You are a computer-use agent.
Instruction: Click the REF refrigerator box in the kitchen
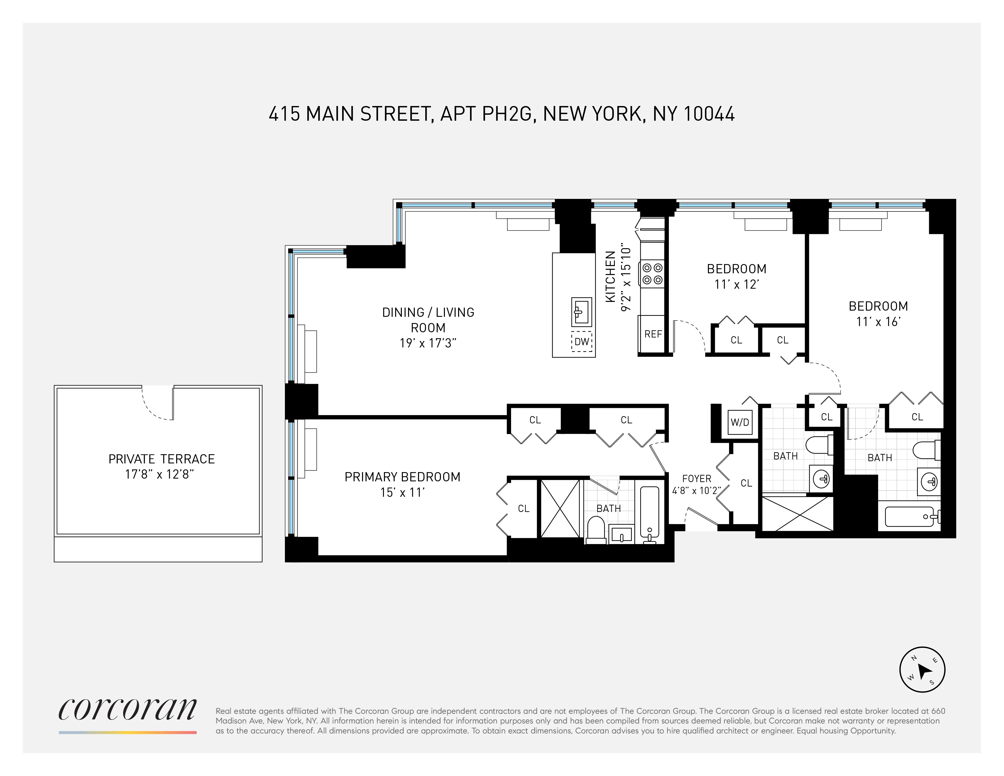(x=652, y=334)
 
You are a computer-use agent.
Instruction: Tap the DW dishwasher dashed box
(x=581, y=341)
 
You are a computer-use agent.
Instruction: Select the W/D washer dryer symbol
(x=740, y=422)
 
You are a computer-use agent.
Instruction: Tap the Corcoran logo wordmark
(x=127, y=709)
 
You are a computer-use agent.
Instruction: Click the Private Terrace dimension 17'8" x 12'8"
(x=159, y=474)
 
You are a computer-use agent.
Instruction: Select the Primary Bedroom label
(x=402, y=477)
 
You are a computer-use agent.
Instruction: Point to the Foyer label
(x=696, y=479)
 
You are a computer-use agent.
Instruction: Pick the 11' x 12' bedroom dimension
(x=736, y=284)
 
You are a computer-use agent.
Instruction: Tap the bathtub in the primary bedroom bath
(x=650, y=515)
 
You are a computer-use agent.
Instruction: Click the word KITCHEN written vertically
(x=610, y=277)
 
